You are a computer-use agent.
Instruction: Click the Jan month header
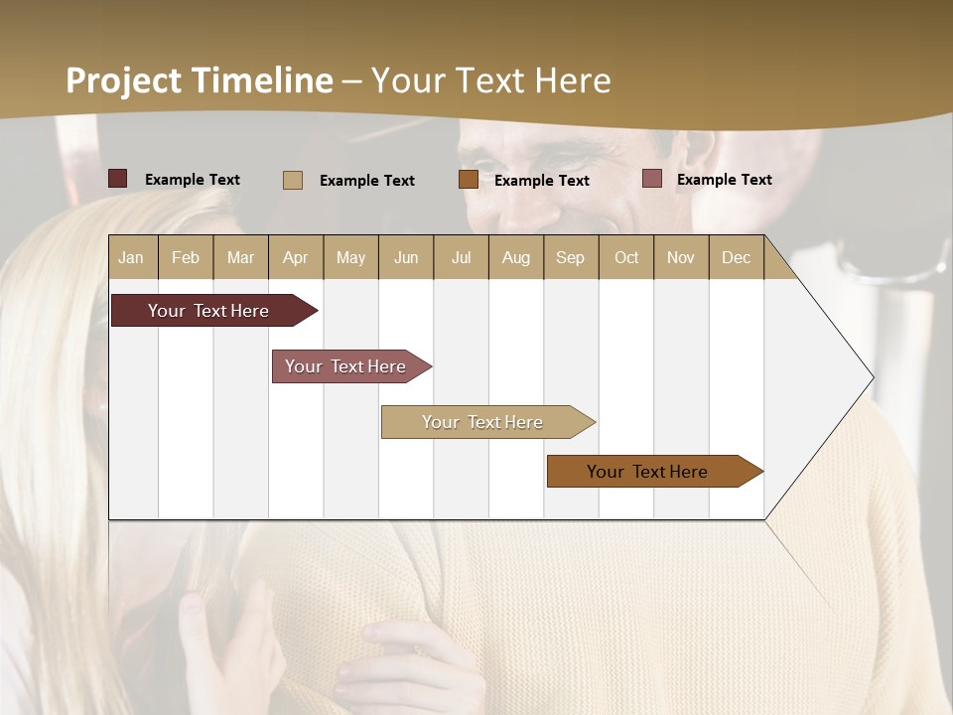click(x=131, y=257)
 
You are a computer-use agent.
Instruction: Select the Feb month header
click(x=186, y=257)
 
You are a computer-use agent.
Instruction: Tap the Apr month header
click(x=295, y=257)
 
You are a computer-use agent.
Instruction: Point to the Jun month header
click(x=406, y=257)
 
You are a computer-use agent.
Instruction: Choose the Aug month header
click(x=515, y=257)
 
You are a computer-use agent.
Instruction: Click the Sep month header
click(x=570, y=257)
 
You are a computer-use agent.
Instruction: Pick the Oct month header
click(x=626, y=257)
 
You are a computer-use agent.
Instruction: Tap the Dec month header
click(x=736, y=257)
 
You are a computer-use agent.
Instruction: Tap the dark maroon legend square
click(x=117, y=179)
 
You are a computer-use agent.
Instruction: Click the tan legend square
click(x=292, y=180)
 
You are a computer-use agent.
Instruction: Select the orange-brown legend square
click(x=469, y=179)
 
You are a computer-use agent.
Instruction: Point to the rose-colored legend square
click(x=651, y=179)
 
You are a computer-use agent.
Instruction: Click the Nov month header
click(x=681, y=257)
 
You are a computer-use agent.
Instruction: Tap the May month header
click(x=350, y=257)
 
